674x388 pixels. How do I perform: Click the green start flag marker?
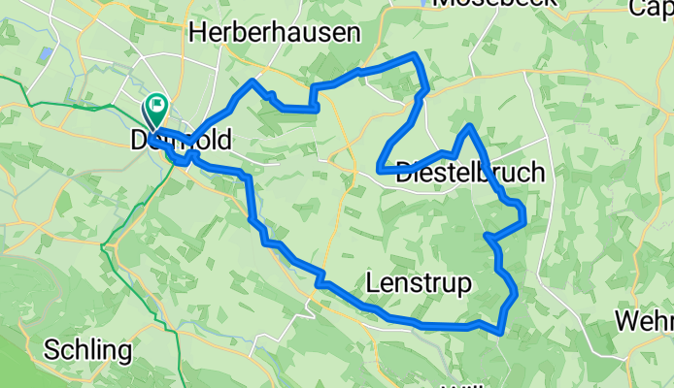[x=155, y=104]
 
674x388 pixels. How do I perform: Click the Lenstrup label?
[x=420, y=283]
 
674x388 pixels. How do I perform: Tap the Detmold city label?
[x=182, y=142]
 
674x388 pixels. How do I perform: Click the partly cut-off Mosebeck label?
[x=495, y=3]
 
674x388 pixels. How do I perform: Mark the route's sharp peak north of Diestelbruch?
[x=470, y=126]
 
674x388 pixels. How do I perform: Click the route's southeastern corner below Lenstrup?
[x=501, y=331]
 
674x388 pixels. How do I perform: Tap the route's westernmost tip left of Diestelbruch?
[x=379, y=170]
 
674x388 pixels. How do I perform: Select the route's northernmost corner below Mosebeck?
[x=418, y=54]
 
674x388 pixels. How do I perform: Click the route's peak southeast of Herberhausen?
[x=253, y=81]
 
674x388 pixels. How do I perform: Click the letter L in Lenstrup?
[x=374, y=283]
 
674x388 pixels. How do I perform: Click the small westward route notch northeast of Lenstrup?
[x=487, y=235]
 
